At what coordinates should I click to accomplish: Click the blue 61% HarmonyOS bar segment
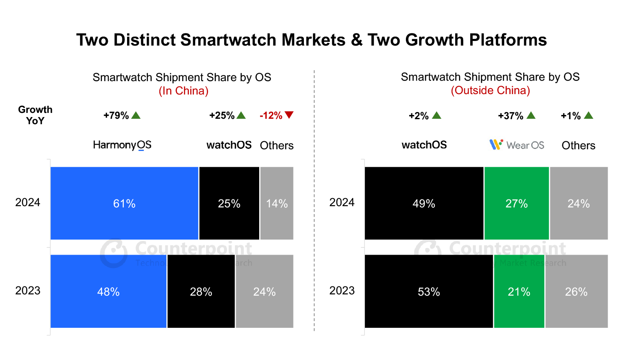tap(124, 204)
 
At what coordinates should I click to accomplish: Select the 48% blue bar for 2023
tap(108, 291)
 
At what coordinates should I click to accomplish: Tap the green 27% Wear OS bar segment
tap(517, 204)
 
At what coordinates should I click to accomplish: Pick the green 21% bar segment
tap(519, 291)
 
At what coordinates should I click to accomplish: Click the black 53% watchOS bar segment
tap(429, 291)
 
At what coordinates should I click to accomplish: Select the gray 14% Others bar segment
tap(277, 204)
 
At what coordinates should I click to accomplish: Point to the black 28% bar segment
tap(201, 291)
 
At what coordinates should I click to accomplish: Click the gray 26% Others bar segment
tap(576, 291)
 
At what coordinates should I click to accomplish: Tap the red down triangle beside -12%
tap(289, 115)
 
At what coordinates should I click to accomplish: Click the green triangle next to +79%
tap(136, 115)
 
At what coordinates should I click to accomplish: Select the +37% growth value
tap(510, 116)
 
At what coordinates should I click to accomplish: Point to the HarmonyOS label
tap(122, 145)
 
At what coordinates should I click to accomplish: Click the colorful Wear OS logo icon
tap(496, 145)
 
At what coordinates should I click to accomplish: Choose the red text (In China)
tap(184, 91)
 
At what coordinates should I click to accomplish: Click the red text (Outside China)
tap(490, 90)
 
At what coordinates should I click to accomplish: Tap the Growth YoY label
tap(35, 115)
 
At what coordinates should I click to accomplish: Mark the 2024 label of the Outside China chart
tap(342, 202)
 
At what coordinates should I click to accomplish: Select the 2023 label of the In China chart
tap(28, 291)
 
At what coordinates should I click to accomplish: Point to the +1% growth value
tap(571, 116)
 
